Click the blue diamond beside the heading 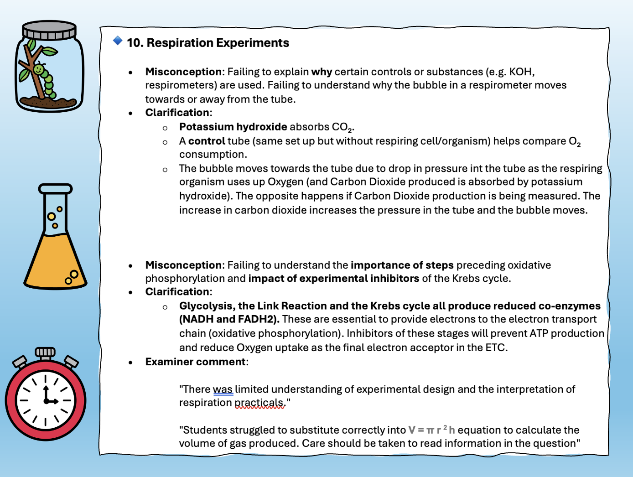pyautogui.click(x=118, y=41)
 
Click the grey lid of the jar pyautogui.click(x=49, y=31)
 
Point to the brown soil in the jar pyautogui.click(x=49, y=102)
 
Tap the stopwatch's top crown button pyautogui.click(x=45, y=353)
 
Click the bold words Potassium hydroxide pyautogui.click(x=233, y=127)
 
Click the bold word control pyautogui.click(x=207, y=141)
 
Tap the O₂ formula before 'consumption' pyautogui.click(x=575, y=141)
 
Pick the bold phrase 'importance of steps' pyautogui.click(x=402, y=265)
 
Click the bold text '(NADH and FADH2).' pyautogui.click(x=229, y=319)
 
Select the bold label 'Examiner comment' pyautogui.click(x=196, y=362)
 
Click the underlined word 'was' pyautogui.click(x=223, y=389)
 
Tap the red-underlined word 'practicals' pyautogui.click(x=259, y=403)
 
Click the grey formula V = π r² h pyautogui.click(x=431, y=430)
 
